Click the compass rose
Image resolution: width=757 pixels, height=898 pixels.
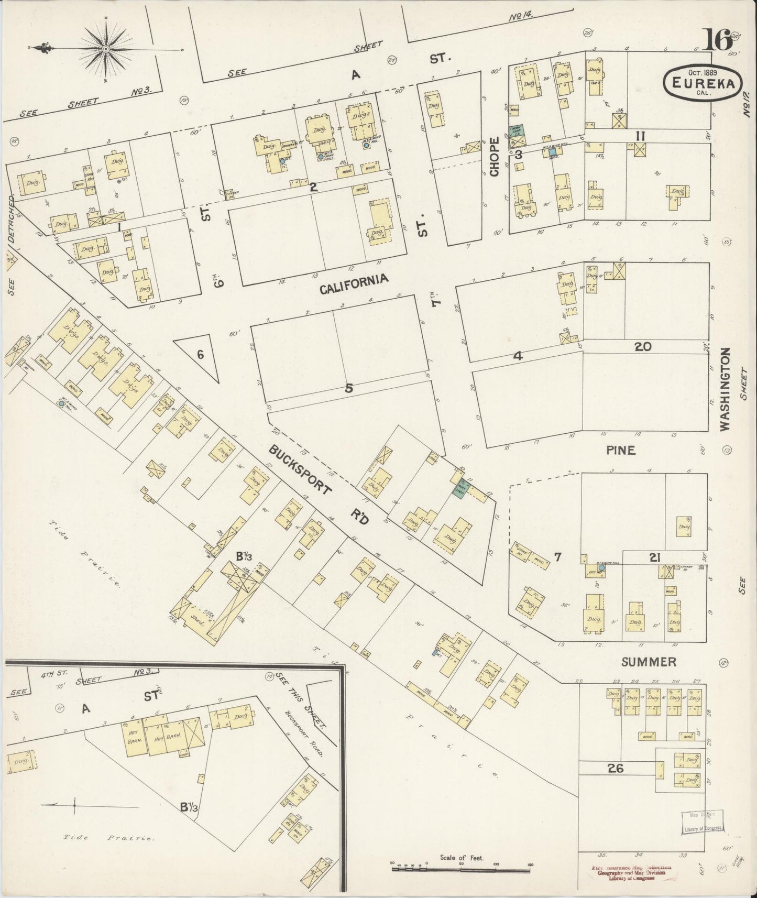point(105,49)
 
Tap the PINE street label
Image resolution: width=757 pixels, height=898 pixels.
point(621,450)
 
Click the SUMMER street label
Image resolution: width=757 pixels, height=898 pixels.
point(649,662)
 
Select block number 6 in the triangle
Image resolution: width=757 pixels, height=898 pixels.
point(200,355)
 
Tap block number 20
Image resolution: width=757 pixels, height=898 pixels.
point(642,346)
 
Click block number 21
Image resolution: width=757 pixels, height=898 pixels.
point(654,558)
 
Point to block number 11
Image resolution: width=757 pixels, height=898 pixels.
point(640,136)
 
